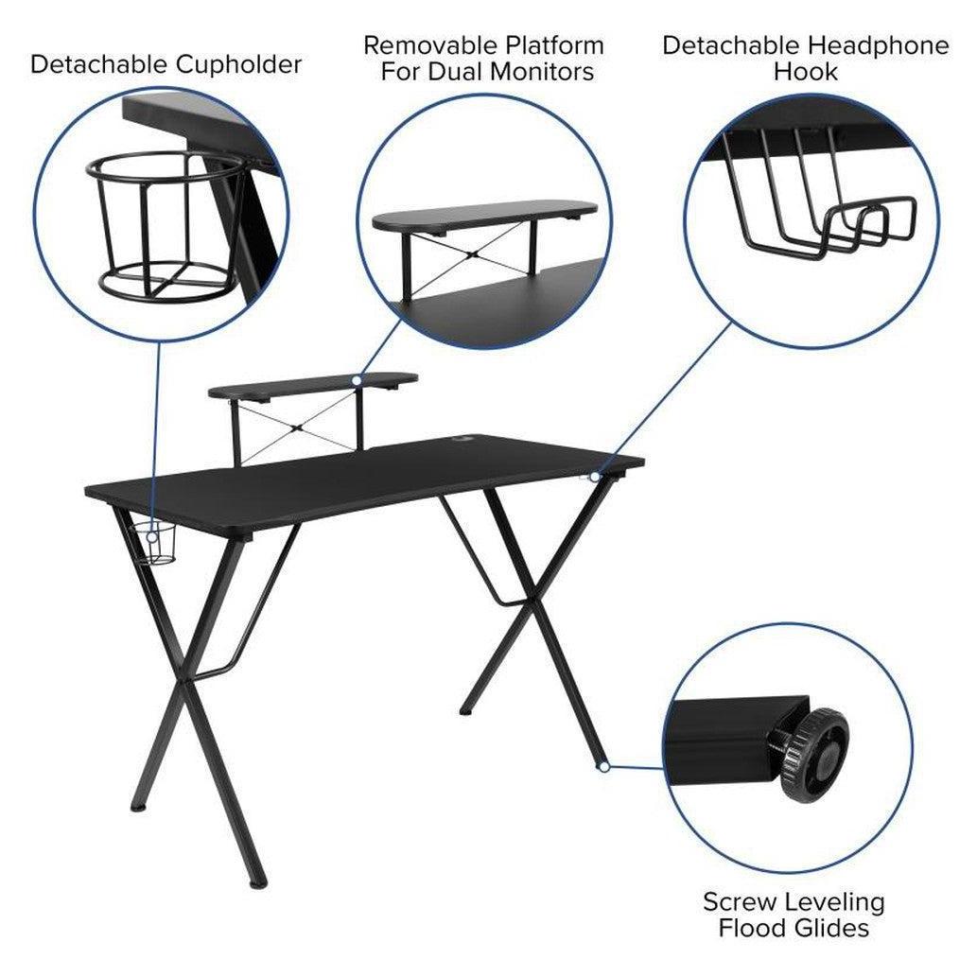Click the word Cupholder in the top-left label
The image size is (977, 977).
click(238, 65)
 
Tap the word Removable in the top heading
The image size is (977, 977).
click(430, 45)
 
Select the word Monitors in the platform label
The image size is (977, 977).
click(541, 72)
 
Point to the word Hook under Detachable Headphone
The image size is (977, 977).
click(806, 72)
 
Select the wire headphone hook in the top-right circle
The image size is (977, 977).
click(819, 193)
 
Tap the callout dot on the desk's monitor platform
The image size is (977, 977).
click(357, 380)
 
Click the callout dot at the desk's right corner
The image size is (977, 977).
click(595, 477)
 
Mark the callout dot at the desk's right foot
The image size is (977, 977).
click(603, 767)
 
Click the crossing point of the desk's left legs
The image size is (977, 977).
click(183, 684)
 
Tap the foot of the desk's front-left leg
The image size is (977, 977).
click(257, 883)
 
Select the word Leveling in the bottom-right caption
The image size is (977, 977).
click(835, 901)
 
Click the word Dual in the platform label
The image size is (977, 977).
click(457, 72)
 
